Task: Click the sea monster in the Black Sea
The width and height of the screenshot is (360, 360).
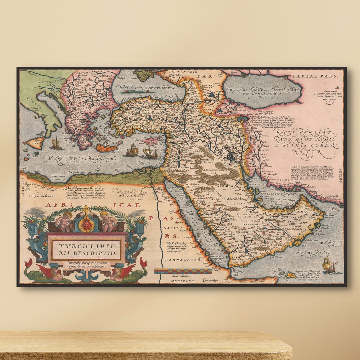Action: (133, 91)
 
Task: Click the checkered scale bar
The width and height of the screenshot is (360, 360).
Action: (183, 271)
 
